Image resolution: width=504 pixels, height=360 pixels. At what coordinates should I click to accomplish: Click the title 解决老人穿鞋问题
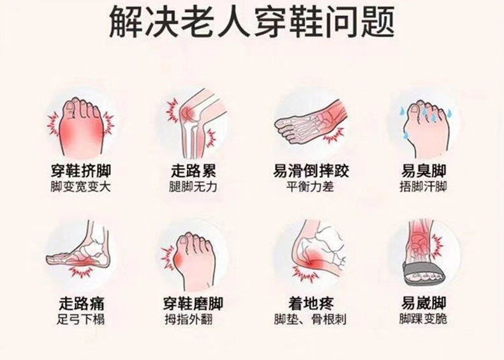click(x=252, y=22)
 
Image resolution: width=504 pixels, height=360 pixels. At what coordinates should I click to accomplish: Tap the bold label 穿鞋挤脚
click(x=81, y=171)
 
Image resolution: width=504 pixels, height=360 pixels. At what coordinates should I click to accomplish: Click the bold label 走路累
click(x=193, y=171)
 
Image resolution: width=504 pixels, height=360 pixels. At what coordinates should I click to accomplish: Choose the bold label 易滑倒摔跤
click(x=311, y=171)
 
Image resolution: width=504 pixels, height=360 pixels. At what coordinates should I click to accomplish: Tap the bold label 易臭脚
click(x=424, y=171)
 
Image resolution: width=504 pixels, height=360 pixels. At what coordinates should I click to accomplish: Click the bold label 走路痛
click(x=81, y=303)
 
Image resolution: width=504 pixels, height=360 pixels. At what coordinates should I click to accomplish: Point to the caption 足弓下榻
click(x=80, y=319)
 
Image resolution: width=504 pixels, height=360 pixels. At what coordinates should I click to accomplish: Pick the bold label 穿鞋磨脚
click(x=193, y=303)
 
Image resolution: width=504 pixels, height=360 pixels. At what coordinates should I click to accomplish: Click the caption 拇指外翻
click(x=189, y=319)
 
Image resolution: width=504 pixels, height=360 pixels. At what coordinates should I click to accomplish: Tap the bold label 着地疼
click(x=311, y=303)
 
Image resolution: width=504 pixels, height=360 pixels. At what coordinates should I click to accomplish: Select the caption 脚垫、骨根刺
click(x=310, y=319)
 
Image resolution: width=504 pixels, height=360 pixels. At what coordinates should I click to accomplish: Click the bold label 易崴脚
click(x=424, y=303)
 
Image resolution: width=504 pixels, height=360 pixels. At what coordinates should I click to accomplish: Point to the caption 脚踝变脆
click(x=424, y=319)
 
